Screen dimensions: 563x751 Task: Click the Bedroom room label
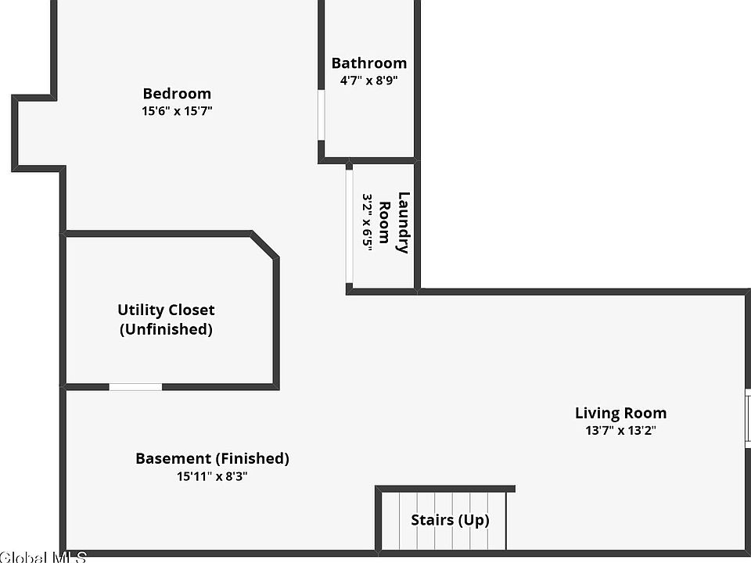pos(177,94)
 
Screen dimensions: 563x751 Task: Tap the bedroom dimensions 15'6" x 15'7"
pos(177,111)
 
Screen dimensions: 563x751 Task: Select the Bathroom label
pos(369,63)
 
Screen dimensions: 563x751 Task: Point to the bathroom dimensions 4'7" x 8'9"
pos(369,80)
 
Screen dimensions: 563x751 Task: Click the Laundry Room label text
pos(394,223)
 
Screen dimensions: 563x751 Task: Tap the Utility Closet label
pos(166,310)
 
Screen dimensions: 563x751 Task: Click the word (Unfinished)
pos(166,329)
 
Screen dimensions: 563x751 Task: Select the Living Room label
pos(621,413)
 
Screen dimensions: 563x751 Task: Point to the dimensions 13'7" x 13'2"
pos(621,430)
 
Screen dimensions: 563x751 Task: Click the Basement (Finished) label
pos(213,458)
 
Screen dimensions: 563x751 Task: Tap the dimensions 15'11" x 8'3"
pos(213,475)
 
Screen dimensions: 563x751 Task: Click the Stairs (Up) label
pos(451,520)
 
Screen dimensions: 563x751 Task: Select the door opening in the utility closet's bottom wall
pos(135,386)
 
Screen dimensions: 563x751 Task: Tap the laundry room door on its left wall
pos(349,227)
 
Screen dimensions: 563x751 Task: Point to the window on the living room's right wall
pos(747,418)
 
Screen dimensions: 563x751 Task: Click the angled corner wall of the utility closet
pos(264,245)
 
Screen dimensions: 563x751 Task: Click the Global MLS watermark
pos(43,557)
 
